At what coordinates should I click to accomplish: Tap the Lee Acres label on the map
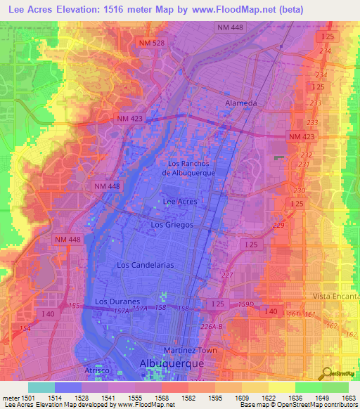[180, 201]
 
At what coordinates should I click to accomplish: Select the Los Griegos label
[171, 225]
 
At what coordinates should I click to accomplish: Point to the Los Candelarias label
[146, 265]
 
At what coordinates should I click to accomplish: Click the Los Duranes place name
[115, 301]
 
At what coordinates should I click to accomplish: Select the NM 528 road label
[153, 44]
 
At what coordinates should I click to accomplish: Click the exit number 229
[278, 225]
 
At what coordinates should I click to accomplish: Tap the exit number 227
[226, 275]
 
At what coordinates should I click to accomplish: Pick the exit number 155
[75, 306]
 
